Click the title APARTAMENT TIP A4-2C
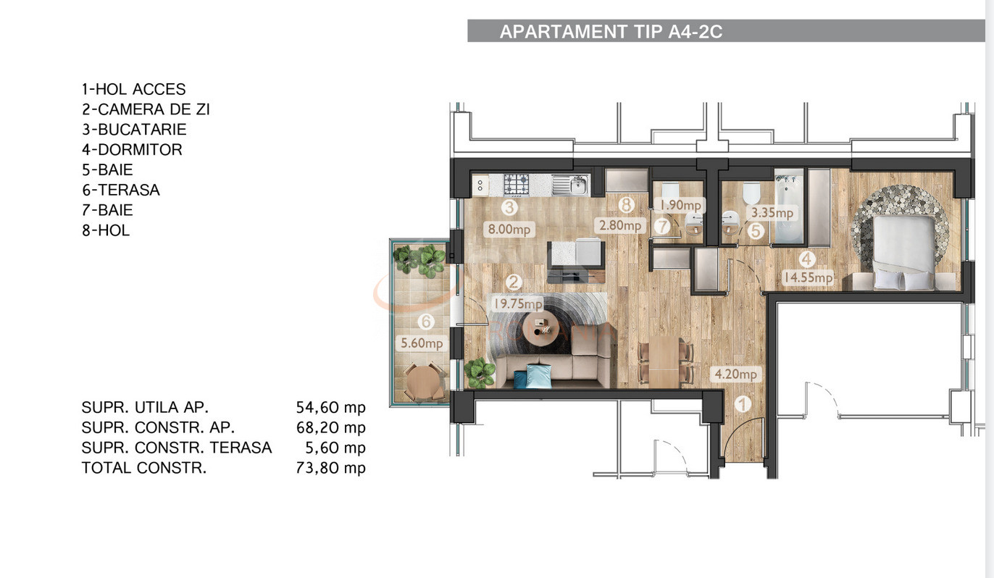coord(611,32)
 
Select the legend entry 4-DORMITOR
coord(132,150)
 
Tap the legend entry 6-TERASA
coord(120,190)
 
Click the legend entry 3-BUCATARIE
coord(134,130)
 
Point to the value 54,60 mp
coord(325,407)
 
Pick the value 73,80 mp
coord(325,468)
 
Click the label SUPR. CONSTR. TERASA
coord(177,448)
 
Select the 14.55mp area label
coord(806,277)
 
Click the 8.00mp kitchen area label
coord(509,230)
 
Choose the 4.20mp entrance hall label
coord(735,374)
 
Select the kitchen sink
coord(570,185)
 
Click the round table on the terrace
coord(423,380)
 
